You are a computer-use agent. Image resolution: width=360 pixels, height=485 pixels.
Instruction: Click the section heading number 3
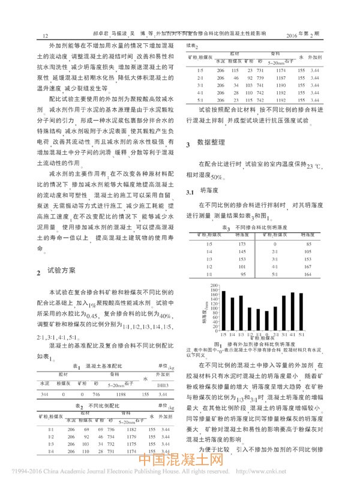coord(188,145)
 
